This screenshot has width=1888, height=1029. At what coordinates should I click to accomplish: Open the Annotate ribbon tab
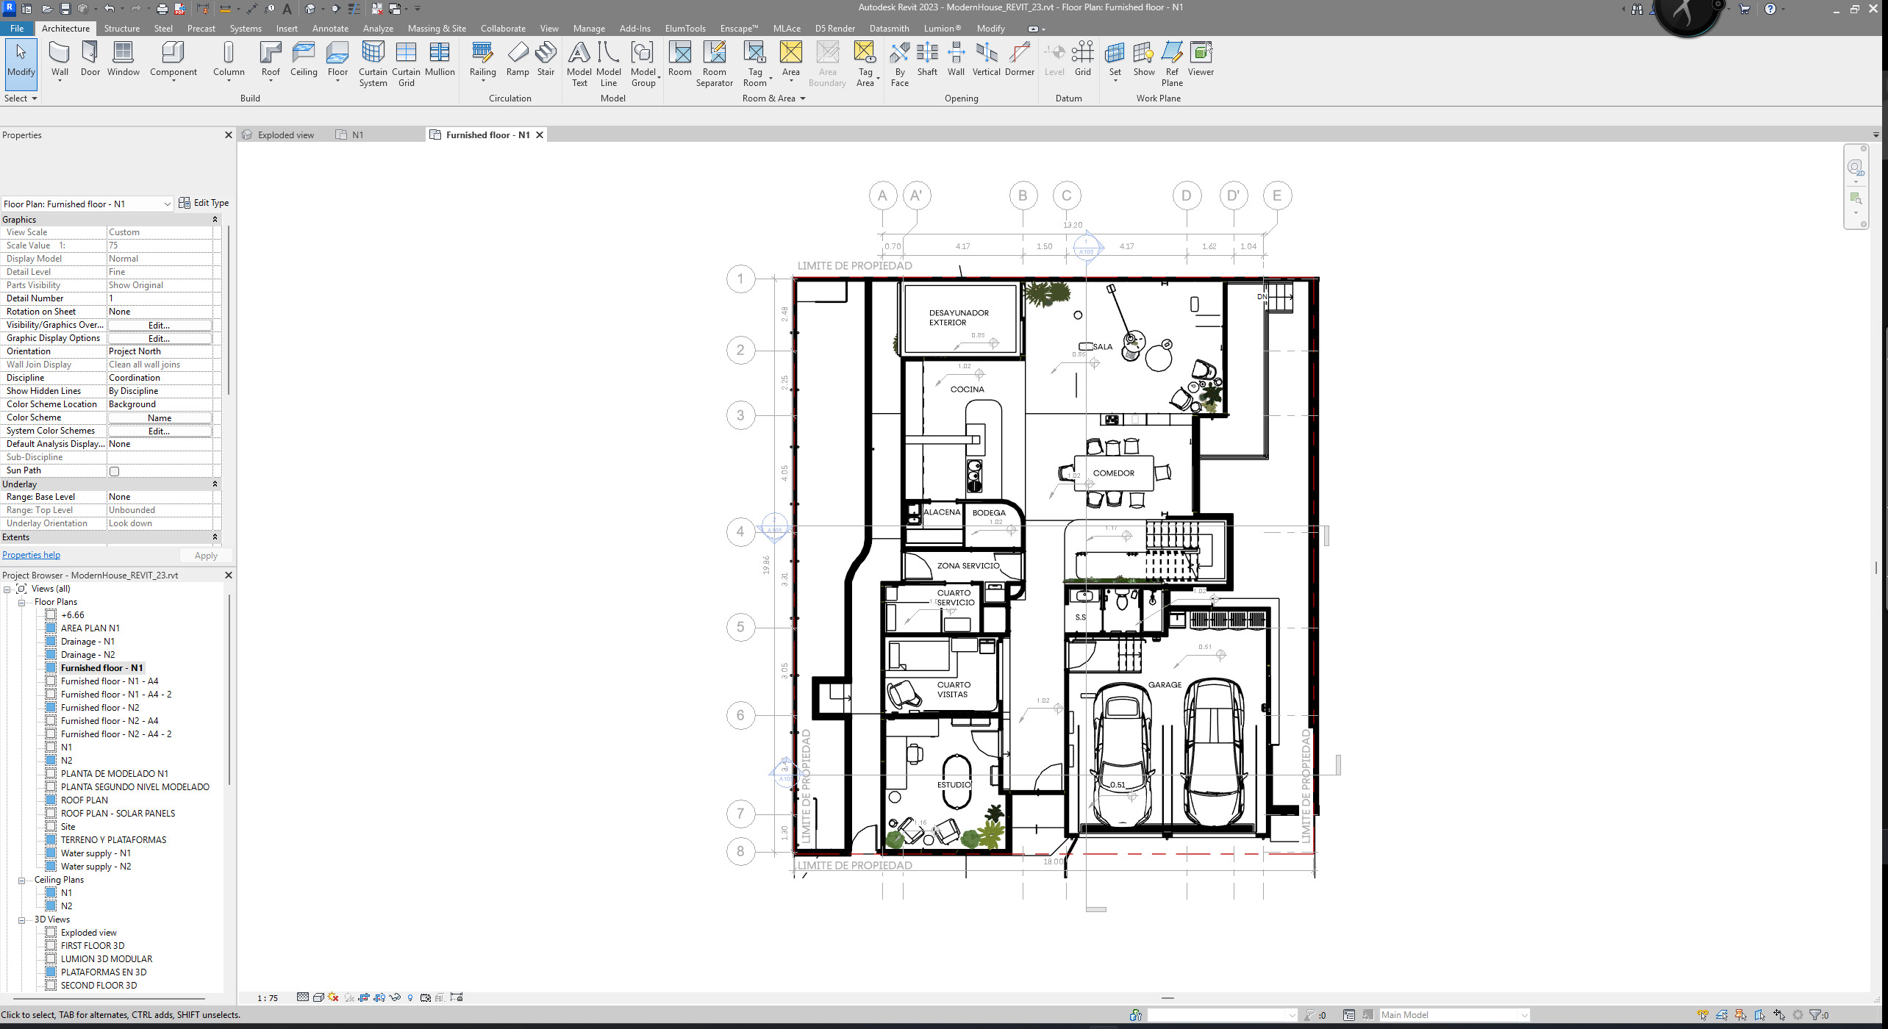pyautogui.click(x=330, y=29)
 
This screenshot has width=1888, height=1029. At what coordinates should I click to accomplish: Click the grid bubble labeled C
pyautogui.click(x=1067, y=196)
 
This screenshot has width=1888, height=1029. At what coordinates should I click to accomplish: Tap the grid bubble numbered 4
pyautogui.click(x=740, y=531)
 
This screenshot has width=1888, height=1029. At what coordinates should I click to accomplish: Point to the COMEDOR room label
pyautogui.click(x=1113, y=473)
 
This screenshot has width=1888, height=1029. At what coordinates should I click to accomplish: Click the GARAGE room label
pyautogui.click(x=1165, y=685)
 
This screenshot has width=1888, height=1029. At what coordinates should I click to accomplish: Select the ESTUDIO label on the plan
pyautogui.click(x=954, y=785)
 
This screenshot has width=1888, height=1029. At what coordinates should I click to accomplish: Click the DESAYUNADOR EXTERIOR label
pyautogui.click(x=959, y=318)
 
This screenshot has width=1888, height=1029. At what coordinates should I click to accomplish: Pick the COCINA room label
pyautogui.click(x=967, y=390)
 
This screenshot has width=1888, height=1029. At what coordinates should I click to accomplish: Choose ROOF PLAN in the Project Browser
pyautogui.click(x=84, y=800)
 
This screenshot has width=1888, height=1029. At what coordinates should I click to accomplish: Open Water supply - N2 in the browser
pyautogui.click(x=96, y=867)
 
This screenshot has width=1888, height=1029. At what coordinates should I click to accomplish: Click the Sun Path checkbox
pyautogui.click(x=114, y=471)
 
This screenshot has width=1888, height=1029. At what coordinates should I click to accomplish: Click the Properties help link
pyautogui.click(x=31, y=555)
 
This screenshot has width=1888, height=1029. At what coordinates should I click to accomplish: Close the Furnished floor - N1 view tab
pyautogui.click(x=540, y=135)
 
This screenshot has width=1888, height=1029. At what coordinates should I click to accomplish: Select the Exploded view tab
pyautogui.click(x=285, y=135)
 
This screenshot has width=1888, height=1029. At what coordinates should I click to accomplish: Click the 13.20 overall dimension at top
pyautogui.click(x=1072, y=225)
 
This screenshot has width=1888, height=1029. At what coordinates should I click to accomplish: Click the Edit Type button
pyautogui.click(x=204, y=203)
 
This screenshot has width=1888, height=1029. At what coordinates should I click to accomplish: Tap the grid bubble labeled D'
pyautogui.click(x=1234, y=196)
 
